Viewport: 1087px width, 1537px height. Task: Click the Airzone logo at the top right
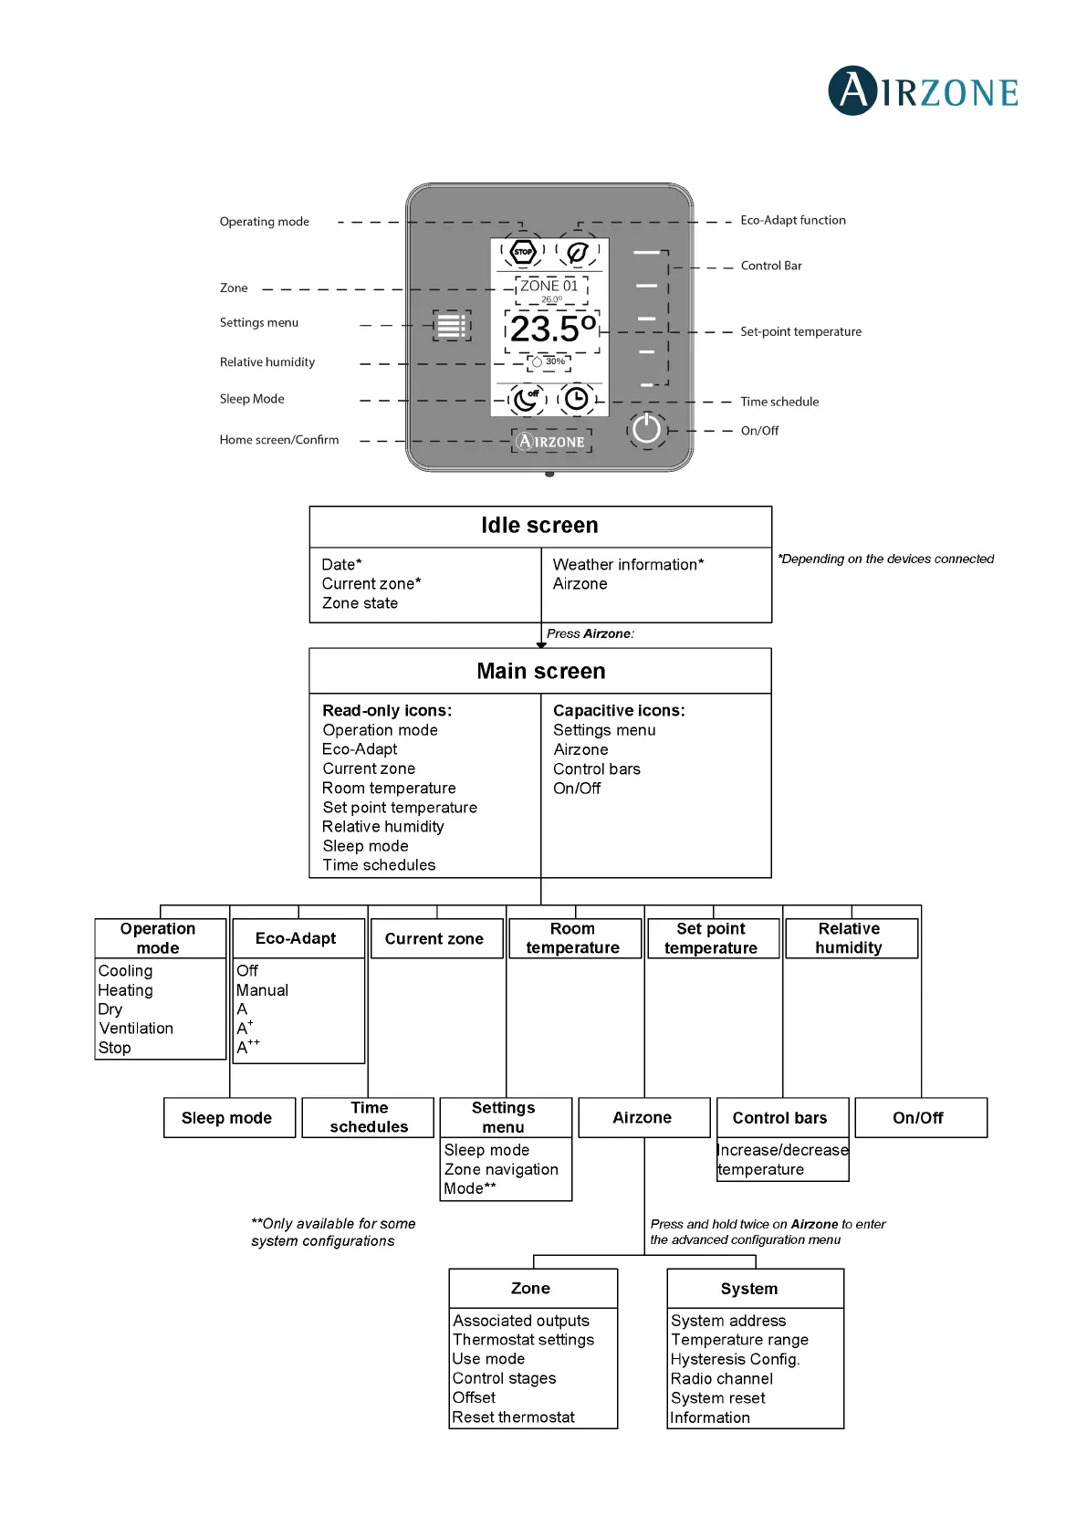(923, 91)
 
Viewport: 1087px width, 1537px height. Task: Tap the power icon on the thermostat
(646, 428)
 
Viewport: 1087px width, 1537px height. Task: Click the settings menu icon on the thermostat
(451, 325)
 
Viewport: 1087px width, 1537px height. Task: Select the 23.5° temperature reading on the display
(552, 329)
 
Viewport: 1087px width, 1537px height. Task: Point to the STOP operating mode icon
(523, 251)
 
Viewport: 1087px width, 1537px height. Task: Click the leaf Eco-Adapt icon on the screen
(577, 252)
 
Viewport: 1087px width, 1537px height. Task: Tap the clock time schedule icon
(576, 399)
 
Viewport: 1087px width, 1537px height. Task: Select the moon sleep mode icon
(526, 399)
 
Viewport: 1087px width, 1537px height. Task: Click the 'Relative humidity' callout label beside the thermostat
(267, 362)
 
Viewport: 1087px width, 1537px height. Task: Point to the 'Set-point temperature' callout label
(800, 332)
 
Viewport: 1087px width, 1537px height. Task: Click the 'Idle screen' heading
(539, 526)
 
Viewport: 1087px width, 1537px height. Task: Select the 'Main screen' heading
(540, 672)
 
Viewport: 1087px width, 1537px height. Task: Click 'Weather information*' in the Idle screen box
(628, 565)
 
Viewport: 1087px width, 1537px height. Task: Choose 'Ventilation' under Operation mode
(136, 1029)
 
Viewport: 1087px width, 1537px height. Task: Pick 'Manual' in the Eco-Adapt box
(262, 990)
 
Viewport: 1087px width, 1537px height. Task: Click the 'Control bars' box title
(779, 1118)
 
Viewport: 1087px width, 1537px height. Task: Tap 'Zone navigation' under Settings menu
(501, 1169)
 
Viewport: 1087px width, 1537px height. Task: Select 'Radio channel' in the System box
(721, 1379)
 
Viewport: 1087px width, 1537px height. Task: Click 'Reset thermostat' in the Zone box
(513, 1417)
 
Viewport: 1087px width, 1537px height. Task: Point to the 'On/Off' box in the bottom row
(917, 1118)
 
